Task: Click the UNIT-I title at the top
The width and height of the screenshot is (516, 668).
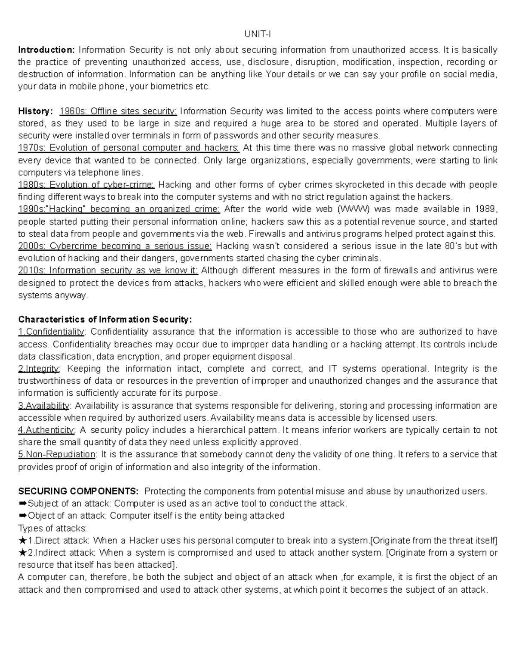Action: (258, 34)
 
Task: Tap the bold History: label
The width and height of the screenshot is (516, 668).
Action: (35, 111)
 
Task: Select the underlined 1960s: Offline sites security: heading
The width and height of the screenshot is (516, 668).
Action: (118, 111)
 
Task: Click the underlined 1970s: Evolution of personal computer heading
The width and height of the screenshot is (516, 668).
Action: (129, 148)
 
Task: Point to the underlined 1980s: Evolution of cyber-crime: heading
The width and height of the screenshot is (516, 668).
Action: (86, 185)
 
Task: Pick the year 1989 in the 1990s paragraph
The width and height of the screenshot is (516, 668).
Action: (485, 209)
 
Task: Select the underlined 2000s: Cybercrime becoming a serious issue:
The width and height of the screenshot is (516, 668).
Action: (115, 246)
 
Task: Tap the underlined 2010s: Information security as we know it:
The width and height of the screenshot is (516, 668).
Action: (108, 271)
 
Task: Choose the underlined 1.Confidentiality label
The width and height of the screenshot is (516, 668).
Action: (52, 332)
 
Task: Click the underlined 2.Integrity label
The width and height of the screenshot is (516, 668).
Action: (39, 369)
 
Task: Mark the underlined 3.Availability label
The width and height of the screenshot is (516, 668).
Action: (43, 406)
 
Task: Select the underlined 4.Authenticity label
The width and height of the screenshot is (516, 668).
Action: (46, 430)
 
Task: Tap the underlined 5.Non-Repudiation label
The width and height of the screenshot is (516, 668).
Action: (57, 455)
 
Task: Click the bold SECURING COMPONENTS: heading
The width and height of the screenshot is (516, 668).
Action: (78, 492)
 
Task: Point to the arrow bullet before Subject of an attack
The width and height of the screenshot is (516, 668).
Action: (22, 504)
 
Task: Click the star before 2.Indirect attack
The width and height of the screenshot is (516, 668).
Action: (22, 553)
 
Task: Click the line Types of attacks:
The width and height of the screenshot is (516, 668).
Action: (52, 528)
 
